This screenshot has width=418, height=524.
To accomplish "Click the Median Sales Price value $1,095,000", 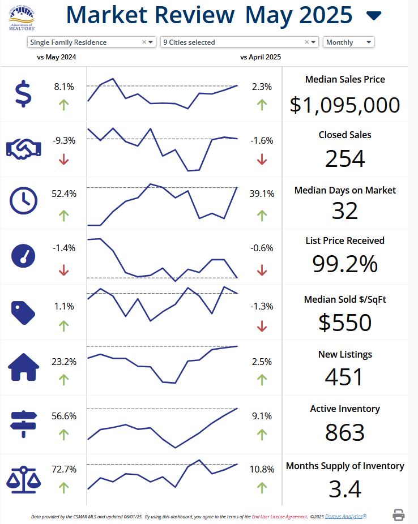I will pyautogui.click(x=344, y=105).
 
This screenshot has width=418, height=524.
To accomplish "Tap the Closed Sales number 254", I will pyautogui.click(x=344, y=159).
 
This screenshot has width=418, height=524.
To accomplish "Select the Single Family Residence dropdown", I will pyautogui.click(x=91, y=42).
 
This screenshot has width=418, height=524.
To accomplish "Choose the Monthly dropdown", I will pyautogui.click(x=348, y=42).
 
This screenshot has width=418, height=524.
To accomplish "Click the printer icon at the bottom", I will pyautogui.click(x=399, y=515).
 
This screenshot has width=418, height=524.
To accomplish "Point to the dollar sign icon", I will pyautogui.click(x=23, y=94).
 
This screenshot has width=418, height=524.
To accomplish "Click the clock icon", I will pyautogui.click(x=24, y=200).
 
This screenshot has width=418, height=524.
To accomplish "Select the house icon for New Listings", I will pyautogui.click(x=24, y=367).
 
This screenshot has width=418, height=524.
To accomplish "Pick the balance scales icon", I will pyautogui.click(x=24, y=478).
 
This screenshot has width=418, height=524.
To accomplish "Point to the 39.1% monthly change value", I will pyautogui.click(x=262, y=194).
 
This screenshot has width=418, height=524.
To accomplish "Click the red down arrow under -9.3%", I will pyautogui.click(x=63, y=160).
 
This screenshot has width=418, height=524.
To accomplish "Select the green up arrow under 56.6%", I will pyautogui.click(x=63, y=435).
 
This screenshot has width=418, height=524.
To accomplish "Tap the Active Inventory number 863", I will pyautogui.click(x=344, y=432).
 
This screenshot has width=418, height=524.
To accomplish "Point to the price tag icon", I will pyautogui.click(x=23, y=311).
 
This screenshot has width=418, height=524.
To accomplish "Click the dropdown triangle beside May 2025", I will pyautogui.click(x=374, y=16).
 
